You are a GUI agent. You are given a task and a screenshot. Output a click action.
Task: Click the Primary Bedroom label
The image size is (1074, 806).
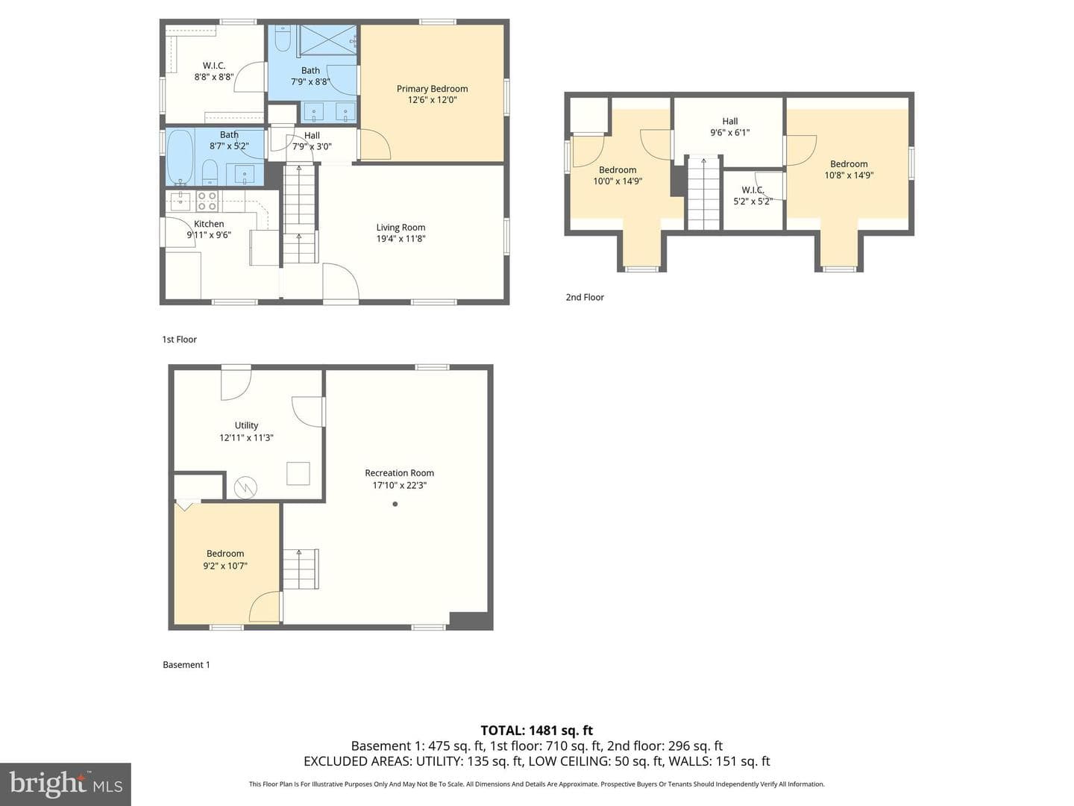point(432,89)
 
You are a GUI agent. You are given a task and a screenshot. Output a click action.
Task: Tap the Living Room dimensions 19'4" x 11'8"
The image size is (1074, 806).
point(401,239)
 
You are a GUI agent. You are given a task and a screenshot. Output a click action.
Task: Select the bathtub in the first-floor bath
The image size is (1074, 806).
point(180,157)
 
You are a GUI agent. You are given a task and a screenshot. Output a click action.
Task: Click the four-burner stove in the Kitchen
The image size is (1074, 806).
point(207,201)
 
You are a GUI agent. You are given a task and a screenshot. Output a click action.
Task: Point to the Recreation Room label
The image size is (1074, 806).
point(399,472)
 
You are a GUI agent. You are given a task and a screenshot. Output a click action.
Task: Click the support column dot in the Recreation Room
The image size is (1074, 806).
point(395,504)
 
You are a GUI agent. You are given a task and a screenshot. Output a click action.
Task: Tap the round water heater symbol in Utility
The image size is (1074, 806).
point(245,487)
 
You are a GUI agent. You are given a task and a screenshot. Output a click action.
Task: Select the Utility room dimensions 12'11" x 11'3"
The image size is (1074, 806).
point(246,437)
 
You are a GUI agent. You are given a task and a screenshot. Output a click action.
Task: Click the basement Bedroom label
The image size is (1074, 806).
point(225,554)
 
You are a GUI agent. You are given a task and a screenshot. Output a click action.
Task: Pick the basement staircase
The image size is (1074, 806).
point(301,569)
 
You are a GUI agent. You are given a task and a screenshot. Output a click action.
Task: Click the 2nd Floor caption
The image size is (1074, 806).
point(585,297)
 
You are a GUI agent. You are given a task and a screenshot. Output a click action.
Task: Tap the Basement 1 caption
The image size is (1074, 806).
point(186,664)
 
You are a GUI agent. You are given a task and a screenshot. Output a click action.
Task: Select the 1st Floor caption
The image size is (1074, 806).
point(179,339)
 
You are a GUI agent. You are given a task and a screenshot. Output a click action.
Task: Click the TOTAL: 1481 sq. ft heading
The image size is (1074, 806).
point(537,731)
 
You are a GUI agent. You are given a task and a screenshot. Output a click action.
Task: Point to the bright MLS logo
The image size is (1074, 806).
point(66,784)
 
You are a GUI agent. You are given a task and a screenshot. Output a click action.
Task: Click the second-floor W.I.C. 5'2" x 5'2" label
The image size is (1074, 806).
point(753,196)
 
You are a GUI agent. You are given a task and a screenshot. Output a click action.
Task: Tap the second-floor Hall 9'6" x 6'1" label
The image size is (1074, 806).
point(729,127)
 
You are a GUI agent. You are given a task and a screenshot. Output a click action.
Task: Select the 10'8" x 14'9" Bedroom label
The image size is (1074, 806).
point(849,169)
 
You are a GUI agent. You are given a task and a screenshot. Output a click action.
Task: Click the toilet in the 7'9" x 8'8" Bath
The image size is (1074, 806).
point(283,39)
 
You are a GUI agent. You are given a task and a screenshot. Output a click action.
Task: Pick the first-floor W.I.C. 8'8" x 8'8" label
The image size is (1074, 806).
point(214,71)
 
